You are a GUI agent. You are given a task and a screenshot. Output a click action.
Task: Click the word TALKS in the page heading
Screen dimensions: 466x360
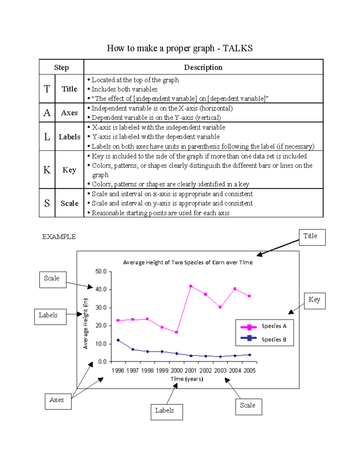click(238, 48)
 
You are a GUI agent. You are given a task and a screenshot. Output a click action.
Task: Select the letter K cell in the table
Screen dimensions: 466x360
click(47, 170)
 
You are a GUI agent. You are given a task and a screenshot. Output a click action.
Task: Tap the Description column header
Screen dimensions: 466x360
click(203, 68)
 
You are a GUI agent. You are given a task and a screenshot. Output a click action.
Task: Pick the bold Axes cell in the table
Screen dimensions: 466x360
click(69, 113)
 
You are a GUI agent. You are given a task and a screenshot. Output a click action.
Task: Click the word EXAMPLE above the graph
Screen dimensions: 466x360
click(59, 237)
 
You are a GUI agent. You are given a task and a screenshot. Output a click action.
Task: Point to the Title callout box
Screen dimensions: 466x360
click(312, 237)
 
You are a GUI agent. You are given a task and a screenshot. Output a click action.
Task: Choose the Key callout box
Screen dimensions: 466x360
click(314, 301)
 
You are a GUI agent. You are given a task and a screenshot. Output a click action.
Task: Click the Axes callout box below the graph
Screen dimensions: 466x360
click(58, 401)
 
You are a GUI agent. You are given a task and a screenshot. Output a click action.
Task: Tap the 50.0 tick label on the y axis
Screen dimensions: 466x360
click(101, 272)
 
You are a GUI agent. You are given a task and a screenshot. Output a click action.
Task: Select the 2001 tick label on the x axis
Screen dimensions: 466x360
click(190, 371)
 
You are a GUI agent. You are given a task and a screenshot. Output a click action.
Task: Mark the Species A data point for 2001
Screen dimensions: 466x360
click(191, 286)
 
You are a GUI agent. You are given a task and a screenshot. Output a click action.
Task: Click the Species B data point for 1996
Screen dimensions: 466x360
click(118, 340)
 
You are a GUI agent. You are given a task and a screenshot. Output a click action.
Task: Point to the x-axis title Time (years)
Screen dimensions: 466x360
click(187, 379)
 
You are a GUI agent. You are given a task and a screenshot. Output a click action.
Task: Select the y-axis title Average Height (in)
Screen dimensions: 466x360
click(85, 324)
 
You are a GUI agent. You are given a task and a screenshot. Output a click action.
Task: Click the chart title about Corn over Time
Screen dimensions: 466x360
click(188, 263)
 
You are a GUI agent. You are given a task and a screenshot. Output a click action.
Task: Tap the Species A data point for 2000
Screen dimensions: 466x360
click(176, 332)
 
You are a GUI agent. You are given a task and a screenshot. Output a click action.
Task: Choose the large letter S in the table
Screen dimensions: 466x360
click(47, 203)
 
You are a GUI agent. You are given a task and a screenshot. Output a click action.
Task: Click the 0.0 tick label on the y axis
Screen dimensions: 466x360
click(102, 362)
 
